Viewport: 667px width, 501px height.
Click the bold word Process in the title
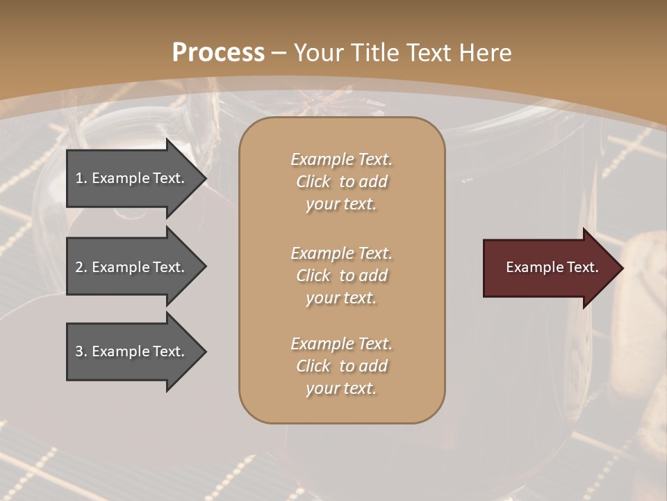pos(218,53)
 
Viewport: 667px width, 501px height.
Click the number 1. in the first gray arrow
pos(81,178)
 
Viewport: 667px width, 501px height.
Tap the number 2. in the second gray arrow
pos(81,267)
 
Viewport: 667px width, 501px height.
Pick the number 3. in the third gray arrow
pos(81,351)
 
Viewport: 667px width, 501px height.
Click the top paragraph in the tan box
pos(341,182)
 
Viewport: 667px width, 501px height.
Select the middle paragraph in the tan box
pos(341,276)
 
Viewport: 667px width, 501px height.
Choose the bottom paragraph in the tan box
pos(341,366)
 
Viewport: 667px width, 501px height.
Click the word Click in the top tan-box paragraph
pos(313,182)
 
